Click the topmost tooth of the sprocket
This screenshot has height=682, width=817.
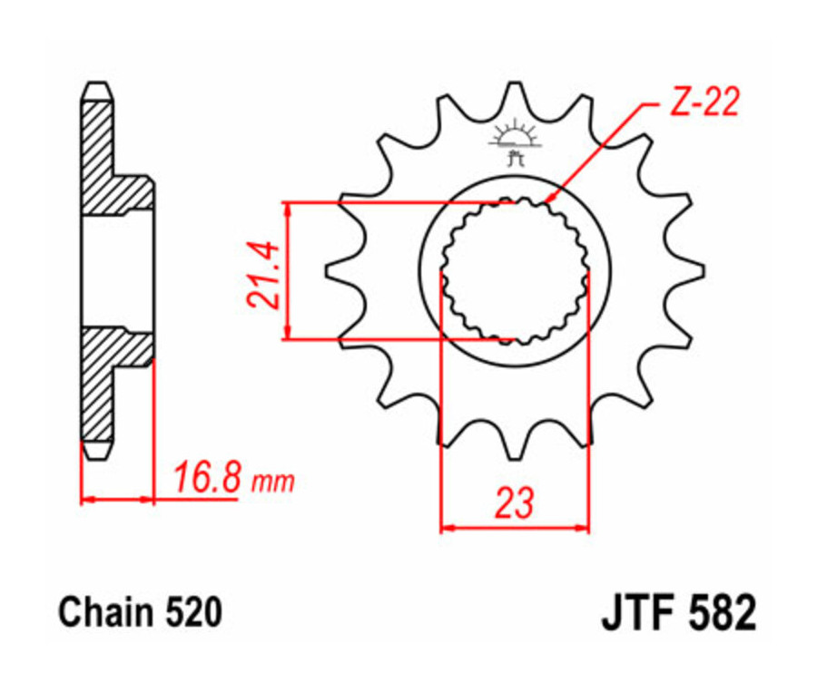point(515,91)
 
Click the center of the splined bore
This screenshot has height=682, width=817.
point(515,270)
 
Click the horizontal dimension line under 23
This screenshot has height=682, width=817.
point(514,526)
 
